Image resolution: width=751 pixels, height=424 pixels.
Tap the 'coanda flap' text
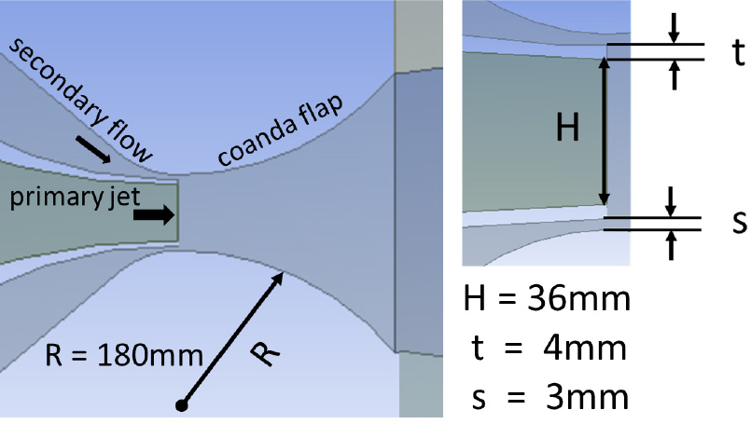[281, 130]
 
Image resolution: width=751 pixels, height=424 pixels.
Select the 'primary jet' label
[75, 197]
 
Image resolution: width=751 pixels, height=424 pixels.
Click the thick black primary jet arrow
[154, 215]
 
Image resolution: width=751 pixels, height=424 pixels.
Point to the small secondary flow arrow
[93, 149]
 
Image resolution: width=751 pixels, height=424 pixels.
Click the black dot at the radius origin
[182, 405]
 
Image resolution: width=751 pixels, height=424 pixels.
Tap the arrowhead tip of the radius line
[284, 272]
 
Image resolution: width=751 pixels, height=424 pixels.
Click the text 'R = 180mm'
[124, 356]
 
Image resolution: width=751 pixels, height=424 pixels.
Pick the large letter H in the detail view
[567, 128]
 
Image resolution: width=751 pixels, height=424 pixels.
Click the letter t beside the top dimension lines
[739, 51]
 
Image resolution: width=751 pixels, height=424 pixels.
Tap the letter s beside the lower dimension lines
[740, 222]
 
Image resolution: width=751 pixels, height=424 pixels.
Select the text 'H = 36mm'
[547, 297]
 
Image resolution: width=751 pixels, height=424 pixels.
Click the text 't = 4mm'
[549, 348]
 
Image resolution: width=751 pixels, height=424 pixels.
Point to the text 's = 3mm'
[549, 397]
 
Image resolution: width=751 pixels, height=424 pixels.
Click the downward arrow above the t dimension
[674, 28]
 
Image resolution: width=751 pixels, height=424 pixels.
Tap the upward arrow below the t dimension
[675, 75]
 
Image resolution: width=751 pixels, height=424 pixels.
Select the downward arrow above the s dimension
[671, 201]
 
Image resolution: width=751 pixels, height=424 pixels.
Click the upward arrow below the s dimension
[671, 245]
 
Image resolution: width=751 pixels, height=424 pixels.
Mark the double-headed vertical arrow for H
[605, 131]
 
